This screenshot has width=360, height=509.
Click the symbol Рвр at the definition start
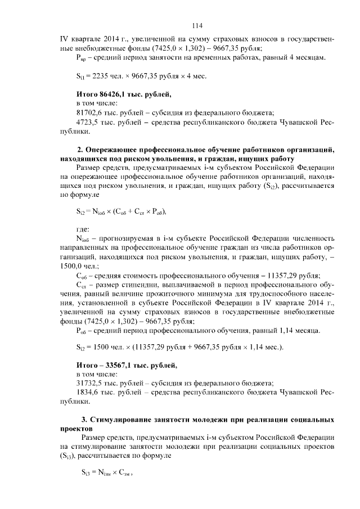81,58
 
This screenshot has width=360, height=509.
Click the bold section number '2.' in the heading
80,150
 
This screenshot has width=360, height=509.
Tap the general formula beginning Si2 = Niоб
121,211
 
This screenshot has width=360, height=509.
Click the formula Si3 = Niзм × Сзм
107,474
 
